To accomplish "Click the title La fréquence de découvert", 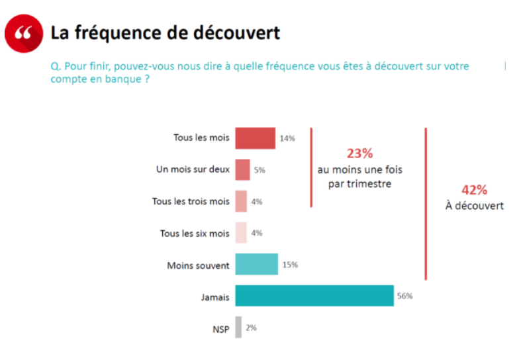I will (x=165, y=32).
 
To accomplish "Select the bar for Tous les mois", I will (x=255, y=138).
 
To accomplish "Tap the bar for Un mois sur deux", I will (x=242, y=169).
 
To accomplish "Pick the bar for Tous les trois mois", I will (x=241, y=201).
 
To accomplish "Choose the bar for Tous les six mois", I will (x=241, y=233).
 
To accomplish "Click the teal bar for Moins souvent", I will (x=256, y=265).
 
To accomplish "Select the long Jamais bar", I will (x=314, y=296).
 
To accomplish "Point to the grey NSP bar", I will (x=238, y=328).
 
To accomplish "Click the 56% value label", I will (x=404, y=296).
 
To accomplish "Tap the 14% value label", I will (x=287, y=138).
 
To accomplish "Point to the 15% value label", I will (x=290, y=265).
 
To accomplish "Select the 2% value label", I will (x=251, y=328).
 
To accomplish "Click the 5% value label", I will (x=259, y=170).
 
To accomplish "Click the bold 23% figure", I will (x=359, y=154).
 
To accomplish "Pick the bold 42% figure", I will (x=473, y=189).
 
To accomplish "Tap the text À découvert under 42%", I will (x=474, y=206).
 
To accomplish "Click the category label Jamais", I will (x=215, y=297).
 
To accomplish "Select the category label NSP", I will (x=220, y=329).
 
